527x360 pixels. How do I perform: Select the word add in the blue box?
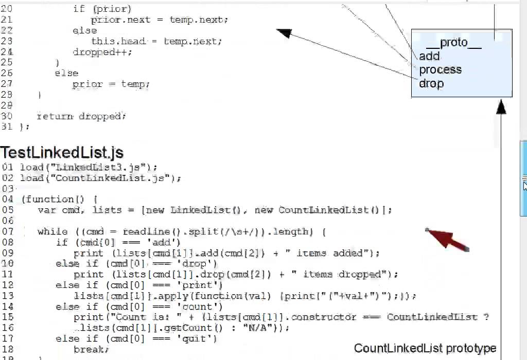click(x=429, y=57)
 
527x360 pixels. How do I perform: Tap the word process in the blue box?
click(x=440, y=70)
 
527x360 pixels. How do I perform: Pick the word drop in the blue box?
click(x=431, y=83)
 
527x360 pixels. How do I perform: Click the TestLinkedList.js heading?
click(x=62, y=153)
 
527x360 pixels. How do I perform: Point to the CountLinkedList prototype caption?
click(x=425, y=349)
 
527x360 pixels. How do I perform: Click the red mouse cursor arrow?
click(x=447, y=239)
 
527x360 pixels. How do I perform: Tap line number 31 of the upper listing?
click(x=7, y=127)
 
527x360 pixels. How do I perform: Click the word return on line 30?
click(x=55, y=116)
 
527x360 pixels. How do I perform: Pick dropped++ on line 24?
click(x=102, y=52)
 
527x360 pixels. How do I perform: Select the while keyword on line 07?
click(x=52, y=231)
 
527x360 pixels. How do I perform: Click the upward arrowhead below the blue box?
click(x=501, y=107)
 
